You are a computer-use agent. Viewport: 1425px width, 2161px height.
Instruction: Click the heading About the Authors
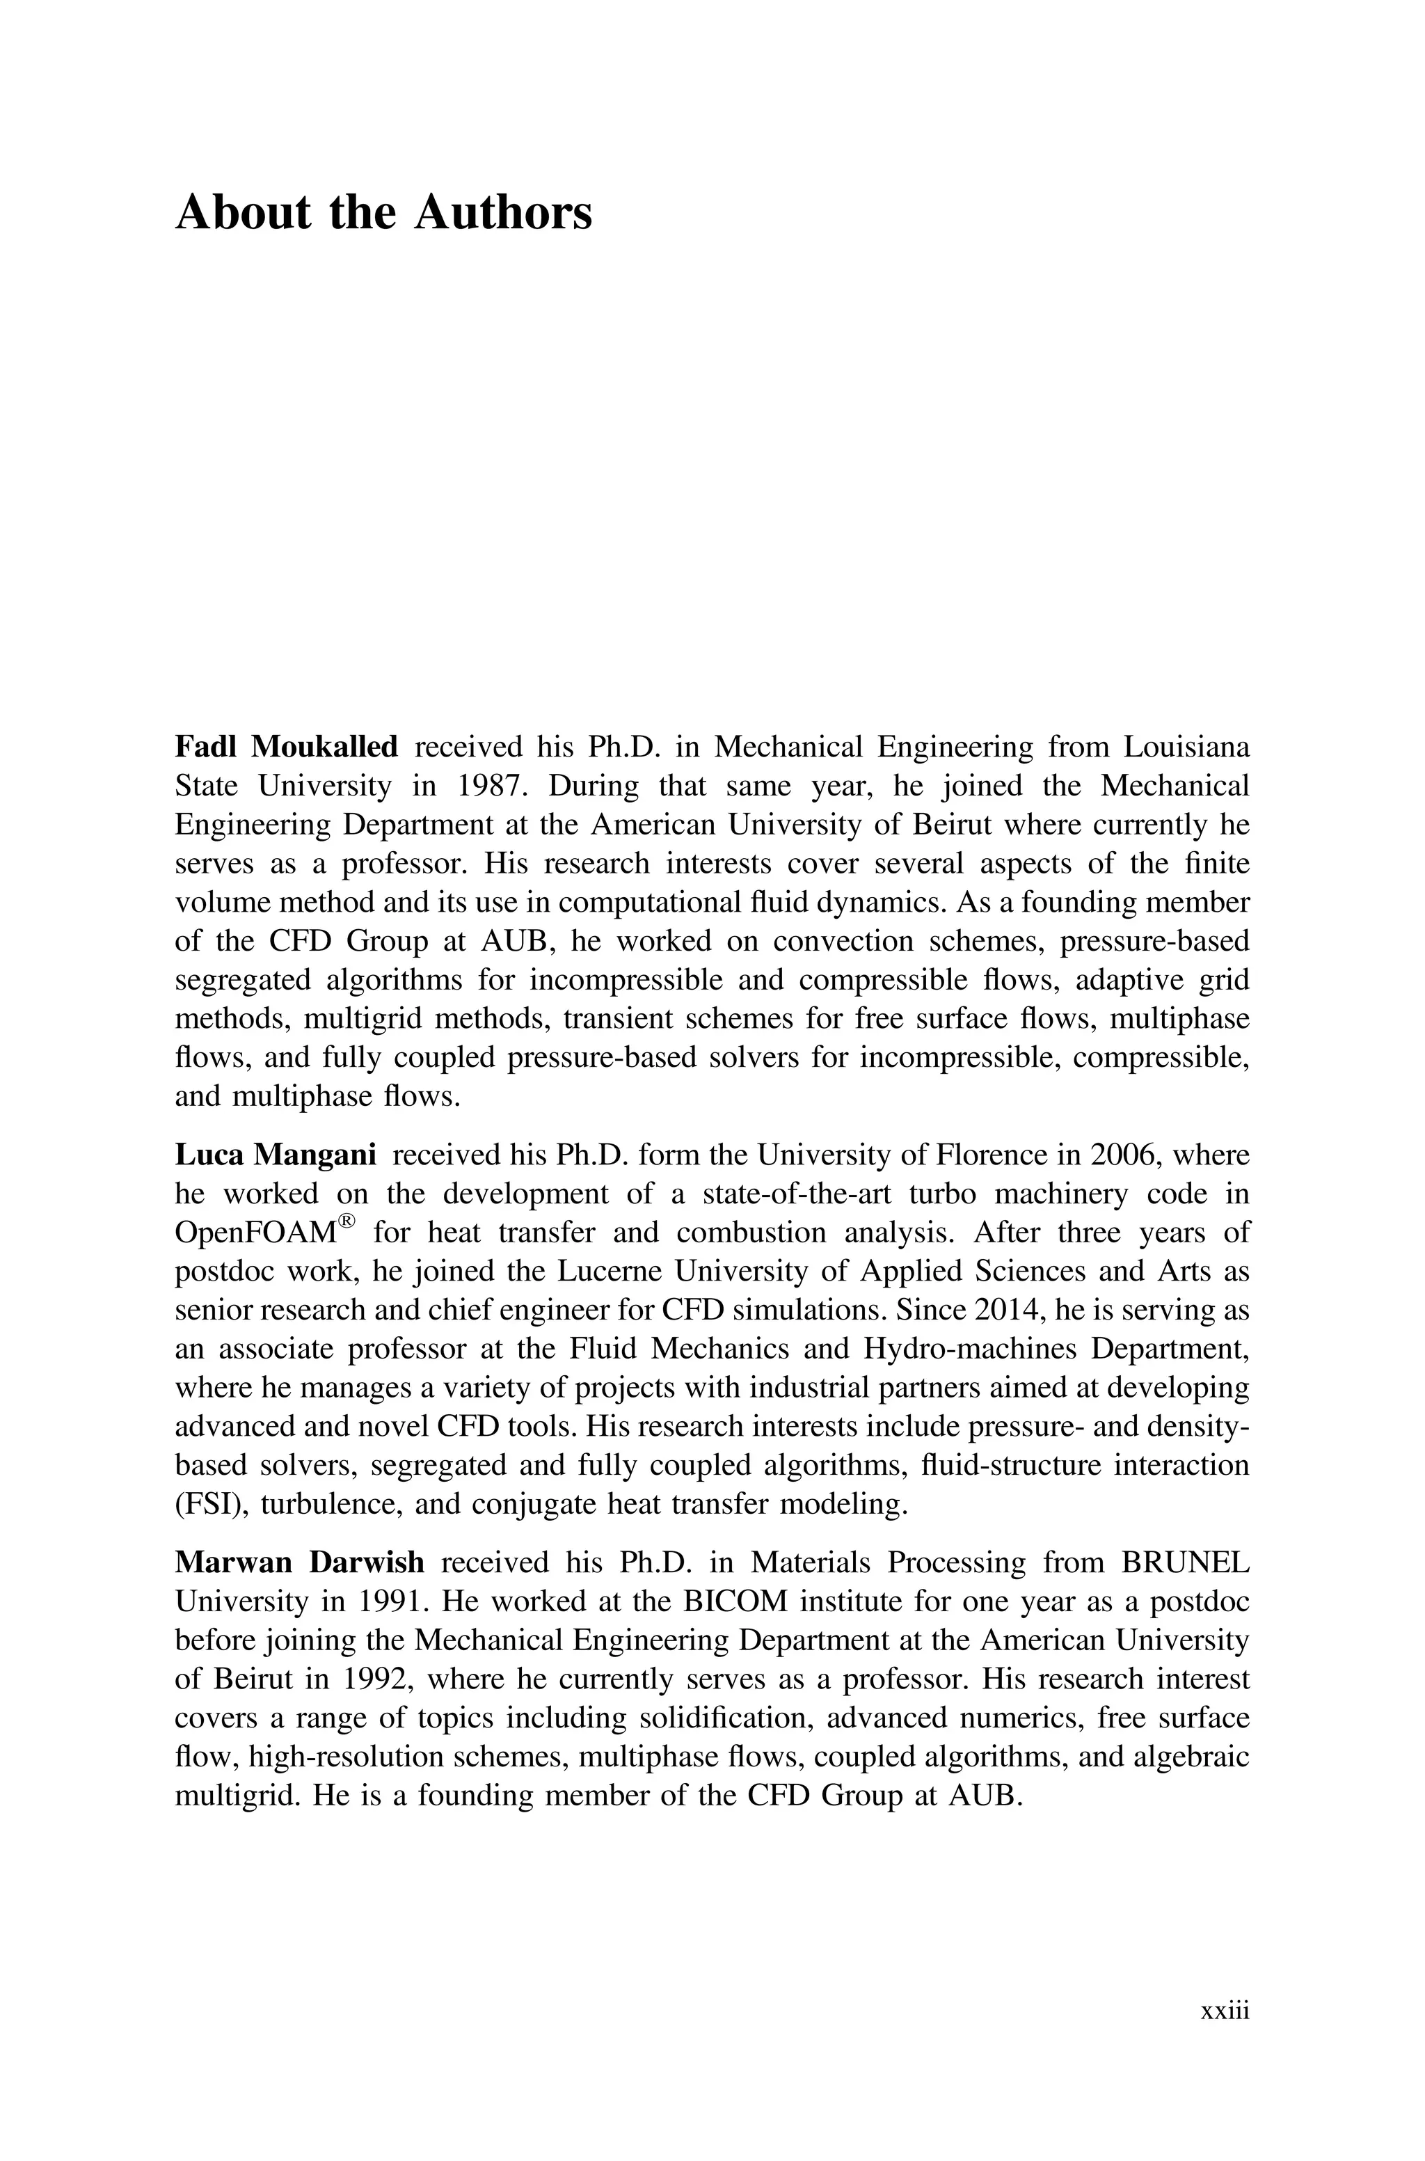383,213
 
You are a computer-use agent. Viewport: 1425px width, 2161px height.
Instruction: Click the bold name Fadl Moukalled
285,747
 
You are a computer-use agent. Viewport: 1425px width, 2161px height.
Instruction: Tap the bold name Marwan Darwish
299,1562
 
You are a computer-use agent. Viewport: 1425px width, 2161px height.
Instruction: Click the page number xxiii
1225,2011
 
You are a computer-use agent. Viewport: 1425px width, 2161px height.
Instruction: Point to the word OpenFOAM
255,1233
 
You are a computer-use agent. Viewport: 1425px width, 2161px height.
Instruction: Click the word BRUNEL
1185,1562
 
